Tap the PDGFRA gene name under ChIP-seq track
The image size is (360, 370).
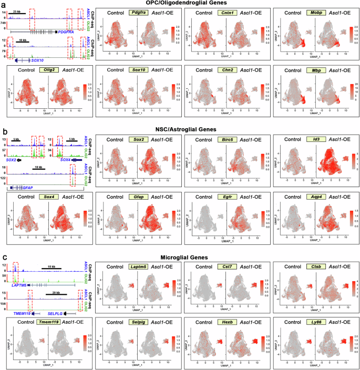65,32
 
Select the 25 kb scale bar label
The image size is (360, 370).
18,11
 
